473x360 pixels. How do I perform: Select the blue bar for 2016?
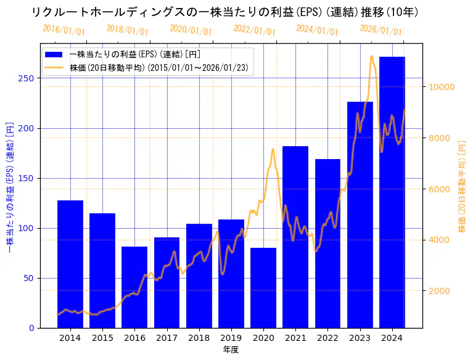tap(134, 287)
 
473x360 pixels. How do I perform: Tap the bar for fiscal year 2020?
tap(263, 287)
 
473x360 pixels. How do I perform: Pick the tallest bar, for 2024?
tap(392, 192)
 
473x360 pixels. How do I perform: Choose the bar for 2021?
tap(295, 237)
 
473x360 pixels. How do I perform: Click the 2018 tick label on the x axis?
tap(199, 338)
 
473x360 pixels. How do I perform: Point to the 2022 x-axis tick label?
tap(327, 338)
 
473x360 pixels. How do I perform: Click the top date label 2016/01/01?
tap(64, 30)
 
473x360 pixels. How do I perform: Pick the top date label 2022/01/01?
tap(254, 30)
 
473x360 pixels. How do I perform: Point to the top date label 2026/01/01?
tap(380, 30)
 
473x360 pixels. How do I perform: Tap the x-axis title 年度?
tap(231, 350)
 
